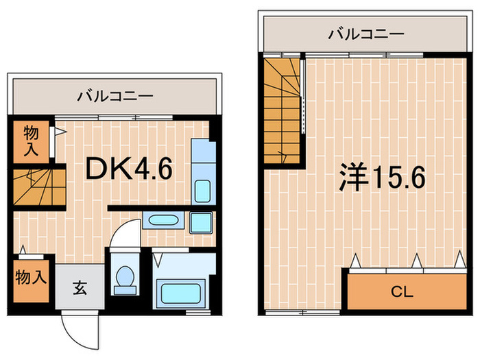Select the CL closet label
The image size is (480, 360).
(x=402, y=292)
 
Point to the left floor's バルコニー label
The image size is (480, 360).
(x=115, y=96)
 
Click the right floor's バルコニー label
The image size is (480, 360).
(x=366, y=32)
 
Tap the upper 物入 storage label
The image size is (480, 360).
(x=31, y=141)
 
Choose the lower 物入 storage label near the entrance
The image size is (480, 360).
(x=31, y=278)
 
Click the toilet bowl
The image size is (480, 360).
(x=124, y=277)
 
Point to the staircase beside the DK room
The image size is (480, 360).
(x=38, y=186)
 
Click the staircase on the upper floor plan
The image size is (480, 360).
(x=281, y=110)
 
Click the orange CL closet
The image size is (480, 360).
(x=402, y=292)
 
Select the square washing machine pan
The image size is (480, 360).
(x=201, y=223)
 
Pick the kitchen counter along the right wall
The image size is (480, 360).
(x=202, y=171)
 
